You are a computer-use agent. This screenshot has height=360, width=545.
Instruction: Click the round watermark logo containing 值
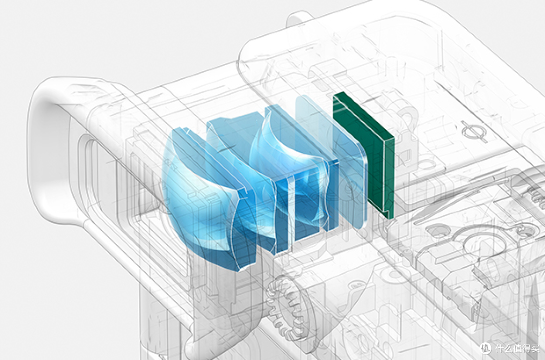point(485,348)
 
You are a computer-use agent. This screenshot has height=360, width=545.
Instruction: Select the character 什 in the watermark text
point(499,348)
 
